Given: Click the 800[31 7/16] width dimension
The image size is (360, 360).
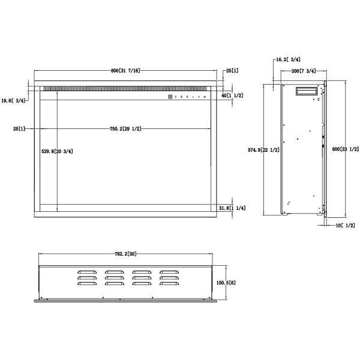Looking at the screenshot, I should click(125, 71).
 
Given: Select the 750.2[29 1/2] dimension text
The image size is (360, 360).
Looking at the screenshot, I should click(125, 129).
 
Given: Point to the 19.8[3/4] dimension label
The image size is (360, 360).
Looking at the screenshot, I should click(13, 101).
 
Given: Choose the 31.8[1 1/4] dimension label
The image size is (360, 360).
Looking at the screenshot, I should click(232, 208).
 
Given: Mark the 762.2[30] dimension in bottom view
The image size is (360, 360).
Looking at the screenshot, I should click(125, 254).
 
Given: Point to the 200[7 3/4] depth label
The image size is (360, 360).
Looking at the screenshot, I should click(304, 71).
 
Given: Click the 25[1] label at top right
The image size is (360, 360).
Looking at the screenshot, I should click(232, 71).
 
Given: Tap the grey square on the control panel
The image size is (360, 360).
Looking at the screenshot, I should click(170, 96).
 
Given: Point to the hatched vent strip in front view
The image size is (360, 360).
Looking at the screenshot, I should click(108, 88).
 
